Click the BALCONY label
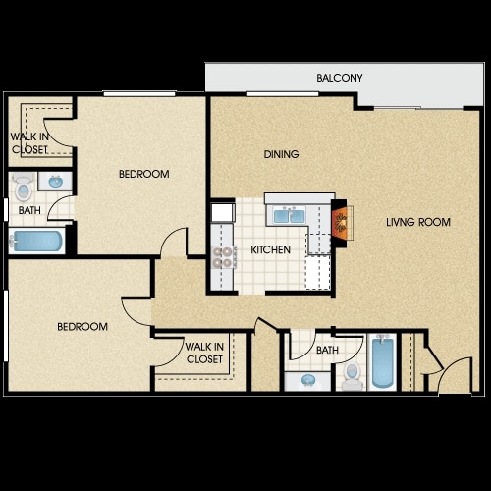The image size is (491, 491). [340, 78]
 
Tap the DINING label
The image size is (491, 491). [281, 154]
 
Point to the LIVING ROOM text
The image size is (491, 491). [418, 222]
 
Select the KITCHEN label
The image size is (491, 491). [270, 250]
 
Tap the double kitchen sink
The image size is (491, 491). [290, 216]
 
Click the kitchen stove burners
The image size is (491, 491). [223, 257]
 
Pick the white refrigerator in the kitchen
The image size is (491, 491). [223, 212]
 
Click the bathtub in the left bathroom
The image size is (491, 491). [36, 241]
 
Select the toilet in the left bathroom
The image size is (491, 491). [23, 187]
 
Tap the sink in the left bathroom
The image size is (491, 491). [55, 181]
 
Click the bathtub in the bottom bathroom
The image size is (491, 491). [382, 360]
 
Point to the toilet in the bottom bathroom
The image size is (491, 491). [352, 377]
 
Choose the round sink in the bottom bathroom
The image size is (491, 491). [307, 380]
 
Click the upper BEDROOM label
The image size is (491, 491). [144, 174]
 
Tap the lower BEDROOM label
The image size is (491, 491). [82, 327]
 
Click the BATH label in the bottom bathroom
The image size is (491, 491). [327, 351]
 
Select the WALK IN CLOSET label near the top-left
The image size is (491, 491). [29, 143]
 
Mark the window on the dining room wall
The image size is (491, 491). [283, 94]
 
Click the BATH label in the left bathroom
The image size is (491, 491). [29, 210]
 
